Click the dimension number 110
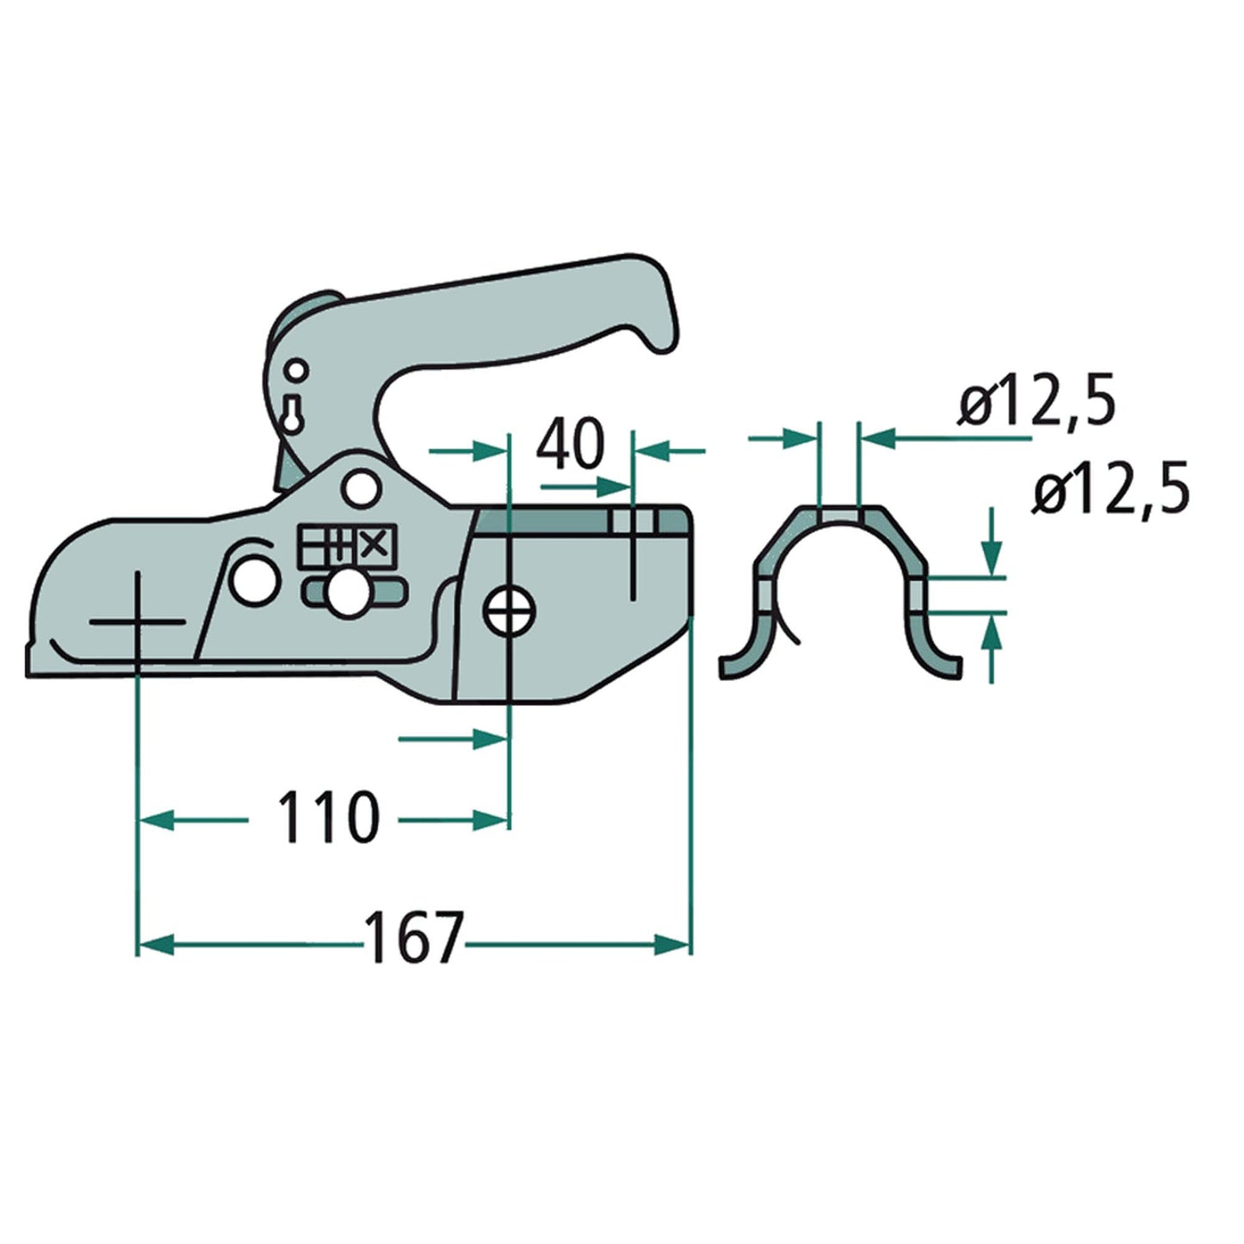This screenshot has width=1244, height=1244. point(326,817)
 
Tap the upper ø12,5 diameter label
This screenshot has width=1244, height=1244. point(1037,402)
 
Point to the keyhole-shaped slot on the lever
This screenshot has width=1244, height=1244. point(293,412)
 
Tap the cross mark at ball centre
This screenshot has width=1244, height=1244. point(137,621)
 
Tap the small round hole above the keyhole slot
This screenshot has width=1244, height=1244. point(296,371)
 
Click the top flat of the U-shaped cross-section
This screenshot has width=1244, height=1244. point(839,515)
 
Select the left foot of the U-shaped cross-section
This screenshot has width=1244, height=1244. point(736,664)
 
